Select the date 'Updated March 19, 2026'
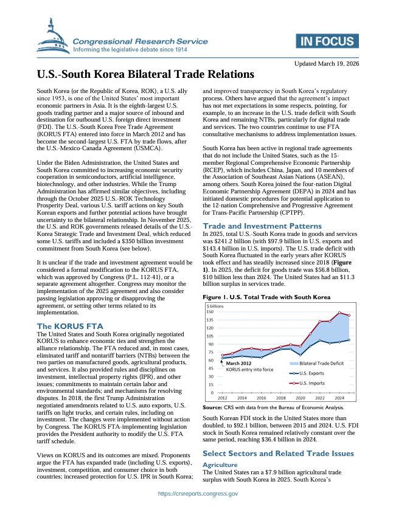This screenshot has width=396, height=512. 327,63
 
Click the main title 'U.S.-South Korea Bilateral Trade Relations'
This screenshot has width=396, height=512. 145,75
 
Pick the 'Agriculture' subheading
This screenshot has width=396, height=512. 220,463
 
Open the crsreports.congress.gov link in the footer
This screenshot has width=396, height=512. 198,494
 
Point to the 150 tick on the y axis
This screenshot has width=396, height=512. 209,311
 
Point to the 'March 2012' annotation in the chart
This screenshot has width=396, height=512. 239,363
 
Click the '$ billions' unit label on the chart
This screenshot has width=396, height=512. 215,305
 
